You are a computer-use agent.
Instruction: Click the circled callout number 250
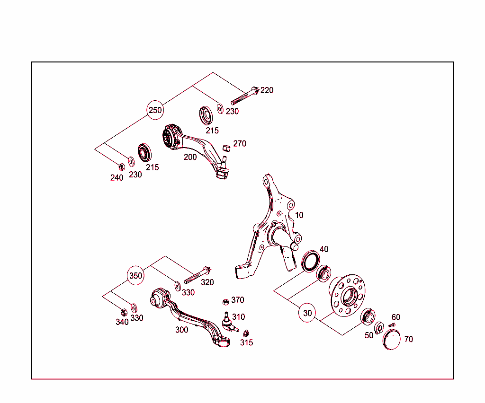pos(155,110)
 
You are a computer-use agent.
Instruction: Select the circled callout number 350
pos(136,276)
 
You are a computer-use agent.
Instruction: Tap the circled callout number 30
pos(308,313)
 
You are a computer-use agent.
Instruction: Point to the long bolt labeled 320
pos(197,275)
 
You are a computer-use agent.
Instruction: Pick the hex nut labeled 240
pos(121,166)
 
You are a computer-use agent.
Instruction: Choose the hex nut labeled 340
pos(124,312)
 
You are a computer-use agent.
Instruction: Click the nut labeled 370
pos(225,301)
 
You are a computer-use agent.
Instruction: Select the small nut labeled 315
pos(246,333)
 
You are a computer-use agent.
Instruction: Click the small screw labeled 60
pos(391,325)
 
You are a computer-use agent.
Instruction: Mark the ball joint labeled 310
pos(228,321)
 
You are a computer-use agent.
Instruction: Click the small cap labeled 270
pos(226,146)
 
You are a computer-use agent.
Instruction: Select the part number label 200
pos(190,157)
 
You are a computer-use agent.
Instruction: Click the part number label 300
pos(181,330)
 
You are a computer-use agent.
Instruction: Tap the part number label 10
pos(299,215)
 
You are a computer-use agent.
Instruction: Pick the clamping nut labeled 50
pos(379,328)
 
